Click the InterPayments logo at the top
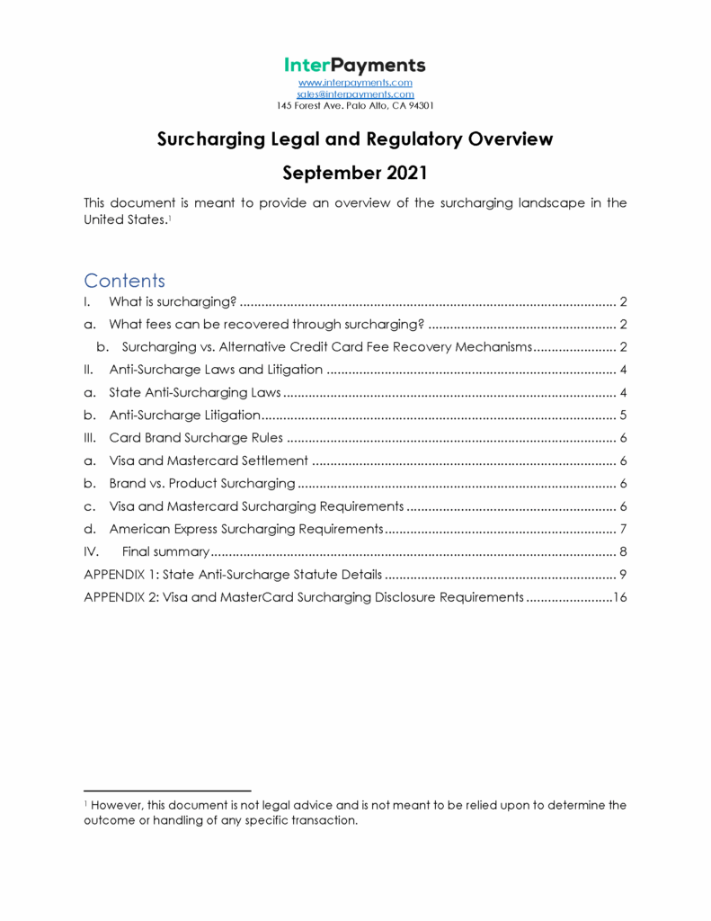point(355,66)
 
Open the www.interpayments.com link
point(355,83)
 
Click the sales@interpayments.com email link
point(355,94)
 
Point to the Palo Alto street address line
point(355,105)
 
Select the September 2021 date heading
point(355,172)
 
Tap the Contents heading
point(124,280)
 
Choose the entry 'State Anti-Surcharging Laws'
point(195,392)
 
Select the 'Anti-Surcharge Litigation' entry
point(184,415)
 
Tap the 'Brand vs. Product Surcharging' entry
point(201,483)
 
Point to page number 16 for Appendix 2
point(618,597)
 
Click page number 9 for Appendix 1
point(622,574)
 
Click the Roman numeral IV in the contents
point(91,551)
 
